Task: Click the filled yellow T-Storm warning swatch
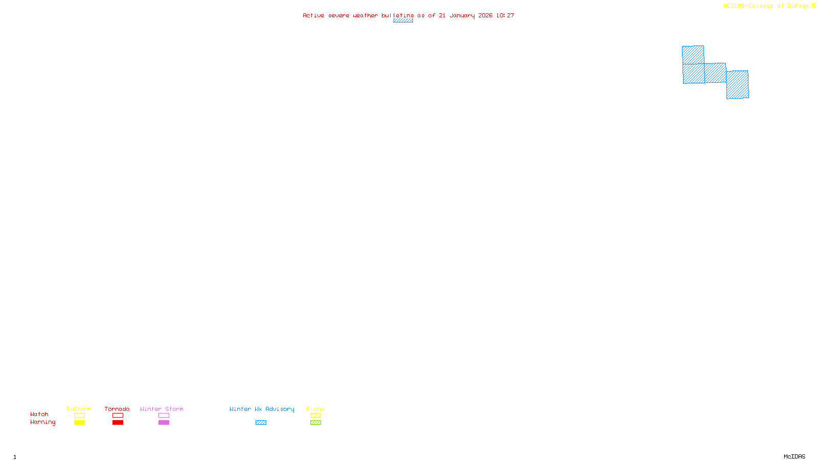tap(79, 423)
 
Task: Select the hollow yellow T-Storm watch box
tap(79, 416)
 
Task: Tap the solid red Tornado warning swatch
tap(118, 423)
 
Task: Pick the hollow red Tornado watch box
tap(118, 416)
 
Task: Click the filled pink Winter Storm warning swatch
tap(164, 423)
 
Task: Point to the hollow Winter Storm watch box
tap(164, 416)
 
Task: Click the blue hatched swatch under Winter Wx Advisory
tap(261, 423)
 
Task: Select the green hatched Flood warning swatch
tap(315, 423)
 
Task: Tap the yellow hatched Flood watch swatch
tap(315, 416)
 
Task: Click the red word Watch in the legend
tap(39, 415)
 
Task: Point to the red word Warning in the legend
tap(42, 422)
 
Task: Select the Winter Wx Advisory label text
tap(262, 409)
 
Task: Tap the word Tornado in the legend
tap(117, 409)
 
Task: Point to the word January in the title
tap(462, 15)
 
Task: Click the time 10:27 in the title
tap(505, 15)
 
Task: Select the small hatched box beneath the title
tap(403, 20)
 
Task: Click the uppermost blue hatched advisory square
tap(693, 55)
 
